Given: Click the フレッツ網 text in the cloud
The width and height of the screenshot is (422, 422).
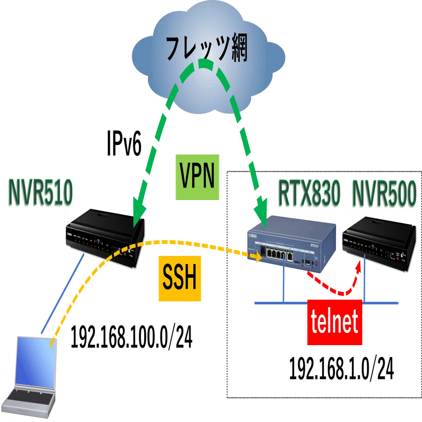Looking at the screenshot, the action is tap(206, 49).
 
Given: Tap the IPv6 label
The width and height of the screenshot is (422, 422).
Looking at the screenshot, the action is tap(124, 143).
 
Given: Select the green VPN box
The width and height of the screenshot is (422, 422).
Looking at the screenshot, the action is tap(197, 177).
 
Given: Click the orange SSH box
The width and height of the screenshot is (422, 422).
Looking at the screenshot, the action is tap(180, 278).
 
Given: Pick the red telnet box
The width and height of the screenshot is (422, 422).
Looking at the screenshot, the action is tap(334, 322).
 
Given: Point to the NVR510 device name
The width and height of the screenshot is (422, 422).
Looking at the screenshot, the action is tap(41, 193).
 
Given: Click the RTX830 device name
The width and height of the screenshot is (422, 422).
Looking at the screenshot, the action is tap(309, 193).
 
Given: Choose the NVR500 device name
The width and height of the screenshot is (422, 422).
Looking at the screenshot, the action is tap(384, 193).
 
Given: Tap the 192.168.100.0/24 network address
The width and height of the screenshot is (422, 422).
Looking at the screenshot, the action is tap(132, 337).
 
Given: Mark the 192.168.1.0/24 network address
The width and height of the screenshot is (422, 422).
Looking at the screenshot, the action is tap(341, 368).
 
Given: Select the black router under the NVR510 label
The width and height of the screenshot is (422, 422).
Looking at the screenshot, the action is tap(105, 238).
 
